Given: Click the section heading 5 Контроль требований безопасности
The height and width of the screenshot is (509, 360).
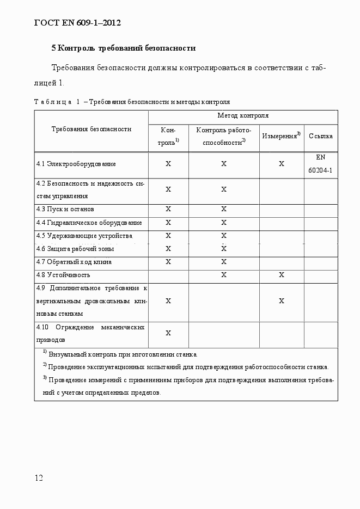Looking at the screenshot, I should point(123,48).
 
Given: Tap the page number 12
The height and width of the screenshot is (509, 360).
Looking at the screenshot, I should point(39,478).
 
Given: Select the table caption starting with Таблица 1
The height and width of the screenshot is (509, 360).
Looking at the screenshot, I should point(132,101).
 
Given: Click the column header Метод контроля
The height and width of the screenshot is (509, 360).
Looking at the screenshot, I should point(243,115).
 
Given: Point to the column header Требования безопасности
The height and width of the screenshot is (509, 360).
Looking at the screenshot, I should point(91,129).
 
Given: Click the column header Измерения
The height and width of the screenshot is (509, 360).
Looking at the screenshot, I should point(281,136).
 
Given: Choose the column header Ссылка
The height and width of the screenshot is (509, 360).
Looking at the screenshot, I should point(320,136).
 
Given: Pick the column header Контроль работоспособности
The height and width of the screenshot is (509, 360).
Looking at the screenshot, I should point(224,136).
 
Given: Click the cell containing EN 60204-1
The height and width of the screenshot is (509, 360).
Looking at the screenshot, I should point(320,163).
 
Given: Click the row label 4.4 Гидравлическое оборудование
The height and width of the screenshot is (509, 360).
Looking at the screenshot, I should point(89,223).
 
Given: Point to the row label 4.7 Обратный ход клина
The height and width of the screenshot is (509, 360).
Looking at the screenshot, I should point(74,262).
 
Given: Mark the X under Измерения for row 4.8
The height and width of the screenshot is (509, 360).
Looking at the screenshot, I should point(281,275).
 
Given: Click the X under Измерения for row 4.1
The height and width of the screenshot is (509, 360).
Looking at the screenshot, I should point(281,164).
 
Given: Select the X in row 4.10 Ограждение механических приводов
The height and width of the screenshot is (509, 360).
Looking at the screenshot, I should point(168,333).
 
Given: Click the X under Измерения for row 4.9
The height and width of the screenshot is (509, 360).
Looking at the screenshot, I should point(281,301).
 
